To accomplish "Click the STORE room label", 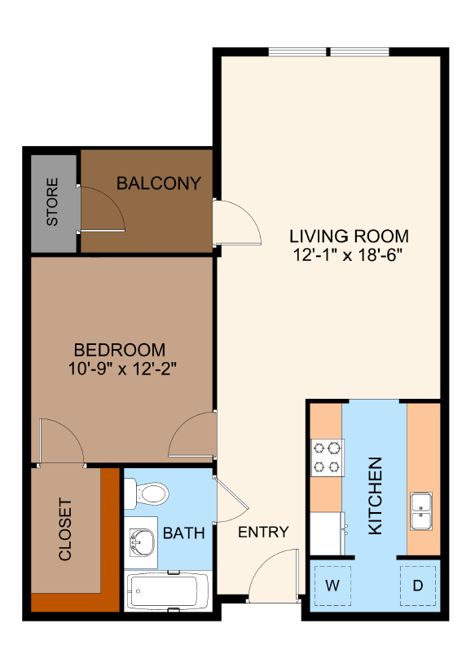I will click(53, 201).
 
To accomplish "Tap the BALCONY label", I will click(158, 183).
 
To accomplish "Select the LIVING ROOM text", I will click(349, 237).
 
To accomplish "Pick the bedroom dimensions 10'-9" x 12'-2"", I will click(123, 368).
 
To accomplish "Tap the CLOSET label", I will click(66, 530).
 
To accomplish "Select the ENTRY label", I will click(263, 533).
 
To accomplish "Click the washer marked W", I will click(332, 585).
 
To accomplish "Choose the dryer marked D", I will click(417, 585).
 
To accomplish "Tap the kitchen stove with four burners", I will click(327, 458).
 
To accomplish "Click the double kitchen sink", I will click(421, 511).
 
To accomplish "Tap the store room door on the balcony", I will click(102, 209).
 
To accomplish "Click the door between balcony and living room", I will click(235, 221).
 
